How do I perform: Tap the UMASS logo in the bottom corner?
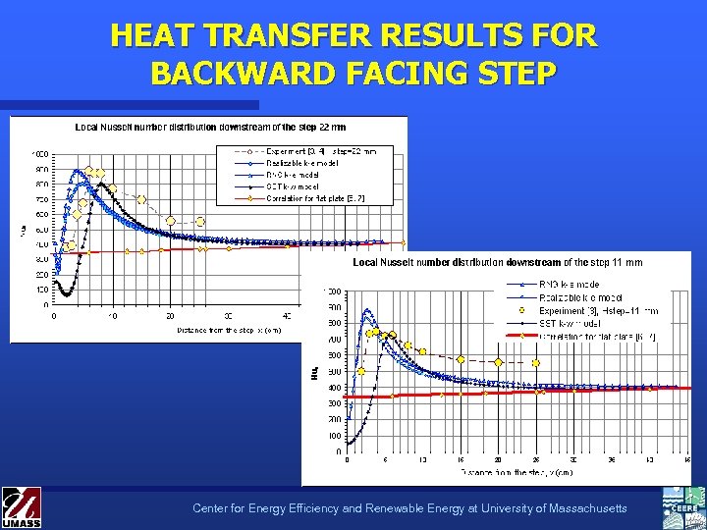click(21, 507)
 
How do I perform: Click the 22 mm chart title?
click(210, 127)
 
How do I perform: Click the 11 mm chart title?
click(497, 262)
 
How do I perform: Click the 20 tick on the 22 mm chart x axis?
click(170, 316)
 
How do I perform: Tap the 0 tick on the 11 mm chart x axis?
click(347, 459)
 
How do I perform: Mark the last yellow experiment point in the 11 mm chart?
click(535, 363)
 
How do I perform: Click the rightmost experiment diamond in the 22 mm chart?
click(200, 222)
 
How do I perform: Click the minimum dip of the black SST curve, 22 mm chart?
click(65, 293)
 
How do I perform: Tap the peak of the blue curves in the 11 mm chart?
click(367, 312)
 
